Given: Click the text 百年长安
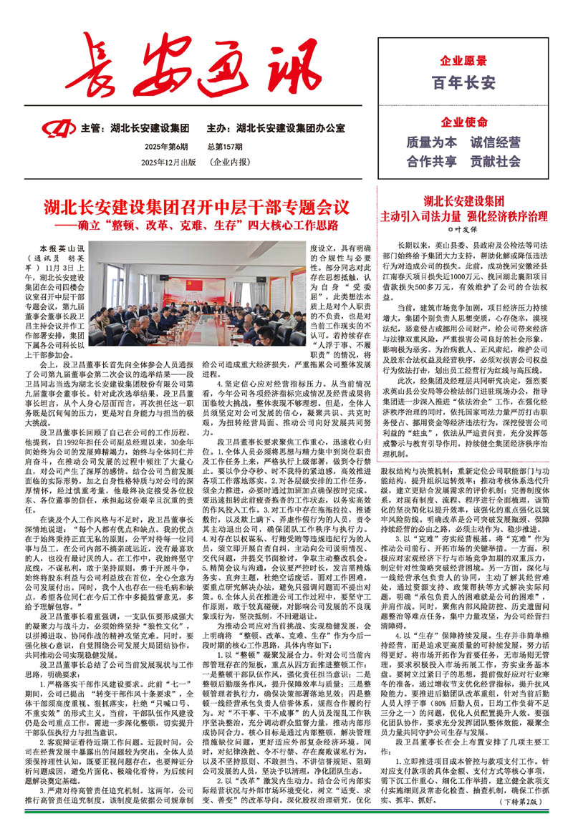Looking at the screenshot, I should click(x=464, y=83).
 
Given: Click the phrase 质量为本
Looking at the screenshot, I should click(x=431, y=142).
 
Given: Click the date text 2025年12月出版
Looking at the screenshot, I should click(x=168, y=163).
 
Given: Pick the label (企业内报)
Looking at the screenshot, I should click(x=230, y=163).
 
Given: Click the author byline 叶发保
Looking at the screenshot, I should click(x=464, y=231).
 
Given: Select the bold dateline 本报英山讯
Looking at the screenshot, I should click(x=62, y=248).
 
